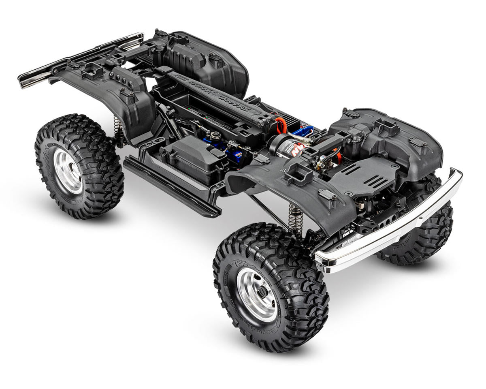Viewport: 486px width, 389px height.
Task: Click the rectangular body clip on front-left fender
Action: click(298, 175)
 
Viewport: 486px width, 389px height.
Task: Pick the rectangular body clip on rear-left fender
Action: click(93, 72)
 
